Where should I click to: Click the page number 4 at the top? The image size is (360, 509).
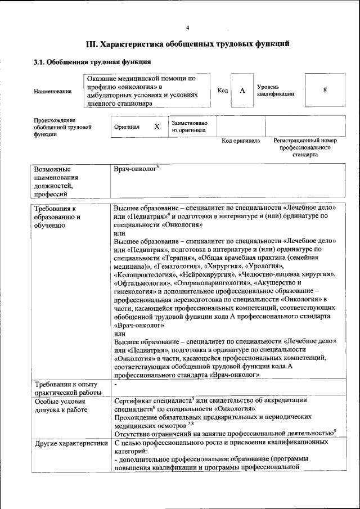pyautogui.click(x=188, y=28)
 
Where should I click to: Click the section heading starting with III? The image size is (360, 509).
pyautogui.click(x=188, y=43)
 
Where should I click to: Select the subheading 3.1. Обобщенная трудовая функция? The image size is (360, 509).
pyautogui.click(x=92, y=62)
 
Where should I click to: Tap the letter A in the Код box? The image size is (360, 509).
pyautogui.click(x=242, y=91)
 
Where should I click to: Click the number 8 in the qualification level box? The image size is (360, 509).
pyautogui.click(x=325, y=91)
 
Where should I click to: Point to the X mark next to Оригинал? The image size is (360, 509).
pyautogui.click(x=157, y=127)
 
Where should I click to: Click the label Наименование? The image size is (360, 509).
pyautogui.click(x=52, y=91)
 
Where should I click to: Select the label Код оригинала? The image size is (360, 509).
pyautogui.click(x=240, y=141)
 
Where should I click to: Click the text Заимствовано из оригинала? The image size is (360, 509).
pyautogui.click(x=189, y=127)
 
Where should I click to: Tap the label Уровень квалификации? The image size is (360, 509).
pyautogui.click(x=275, y=91)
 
